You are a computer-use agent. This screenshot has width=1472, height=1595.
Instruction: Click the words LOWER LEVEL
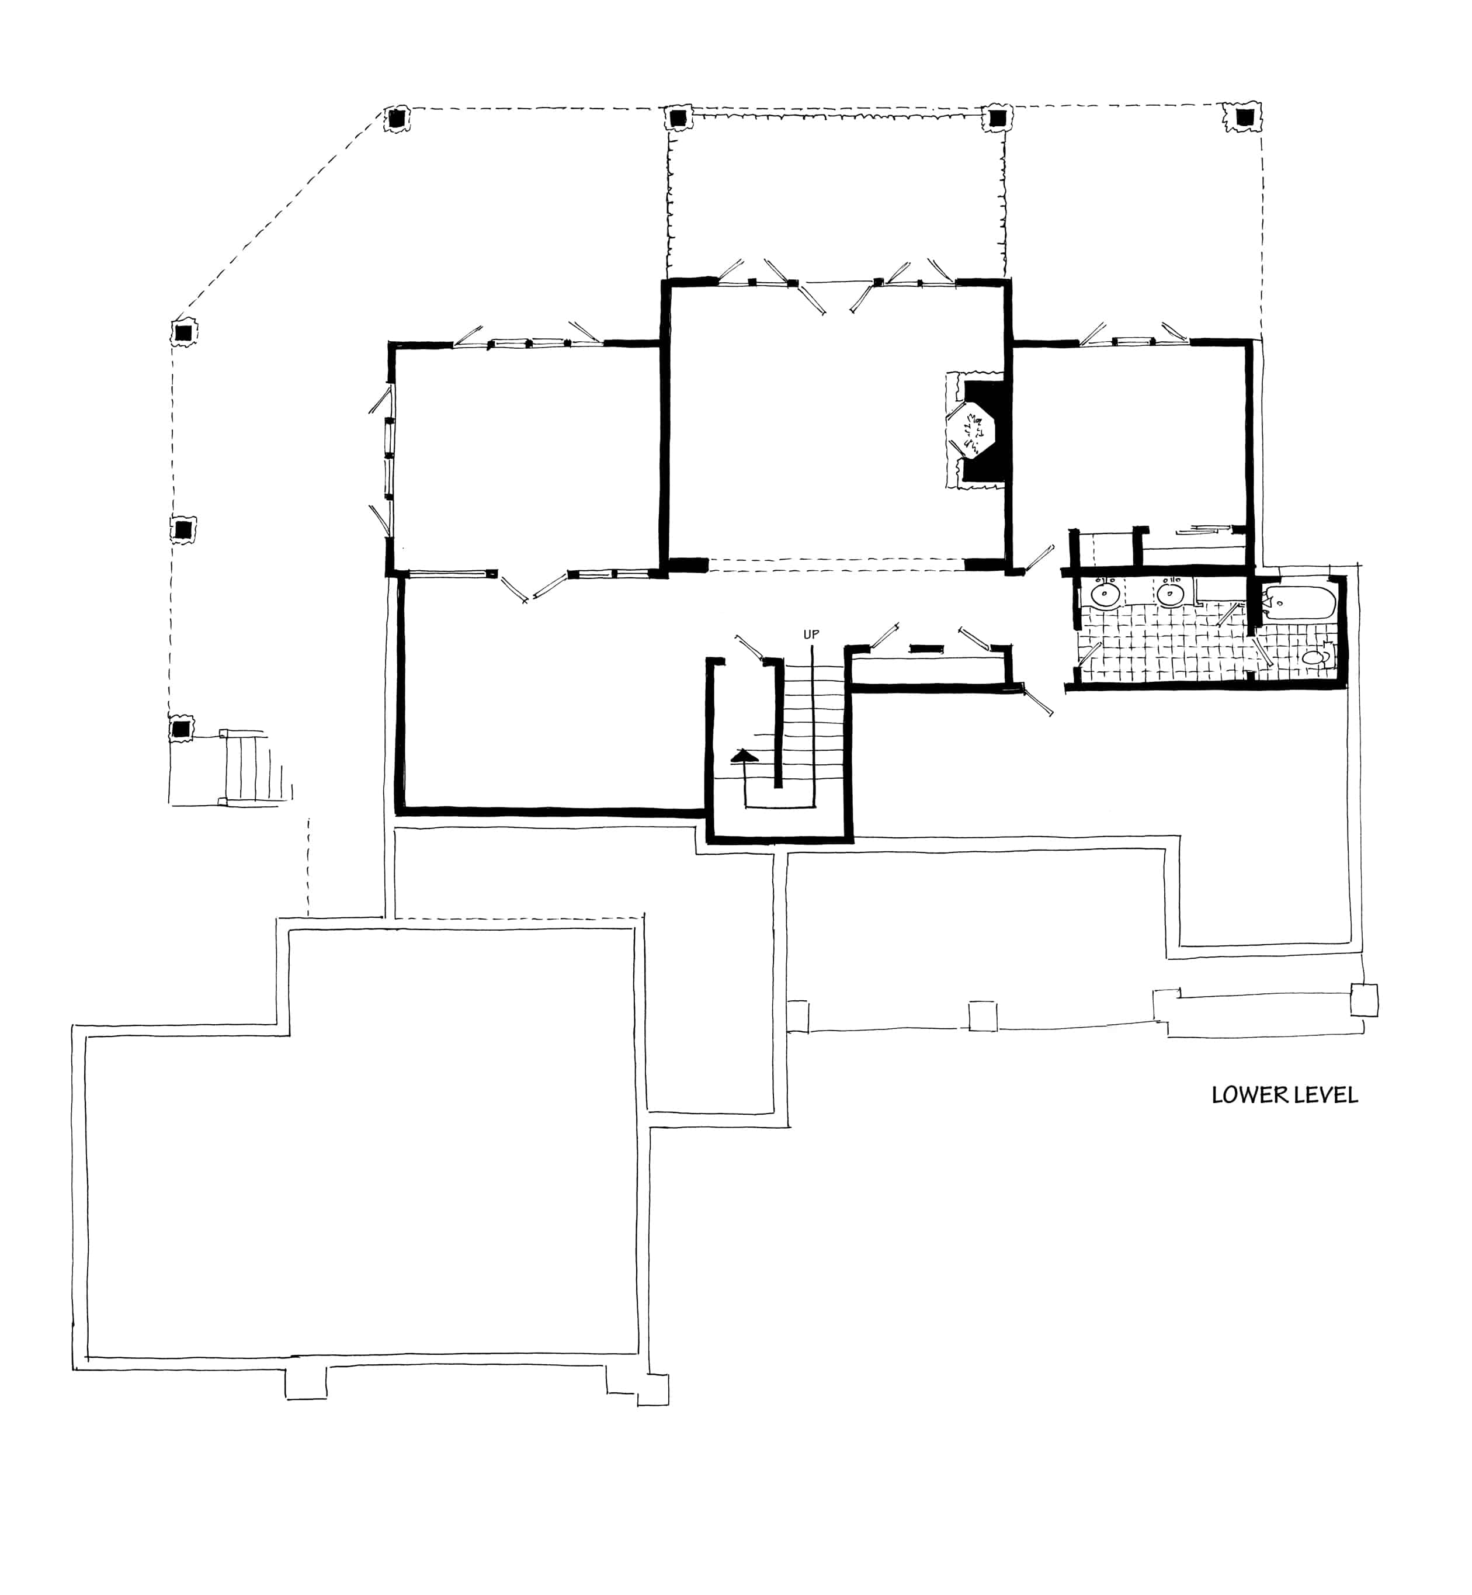pos(1284,1095)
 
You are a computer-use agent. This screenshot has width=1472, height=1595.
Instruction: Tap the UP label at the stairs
pos(811,634)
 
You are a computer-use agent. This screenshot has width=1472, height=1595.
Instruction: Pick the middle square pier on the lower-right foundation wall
pos(982,1017)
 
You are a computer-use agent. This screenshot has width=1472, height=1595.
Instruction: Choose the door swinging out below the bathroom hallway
pos(1036,701)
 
